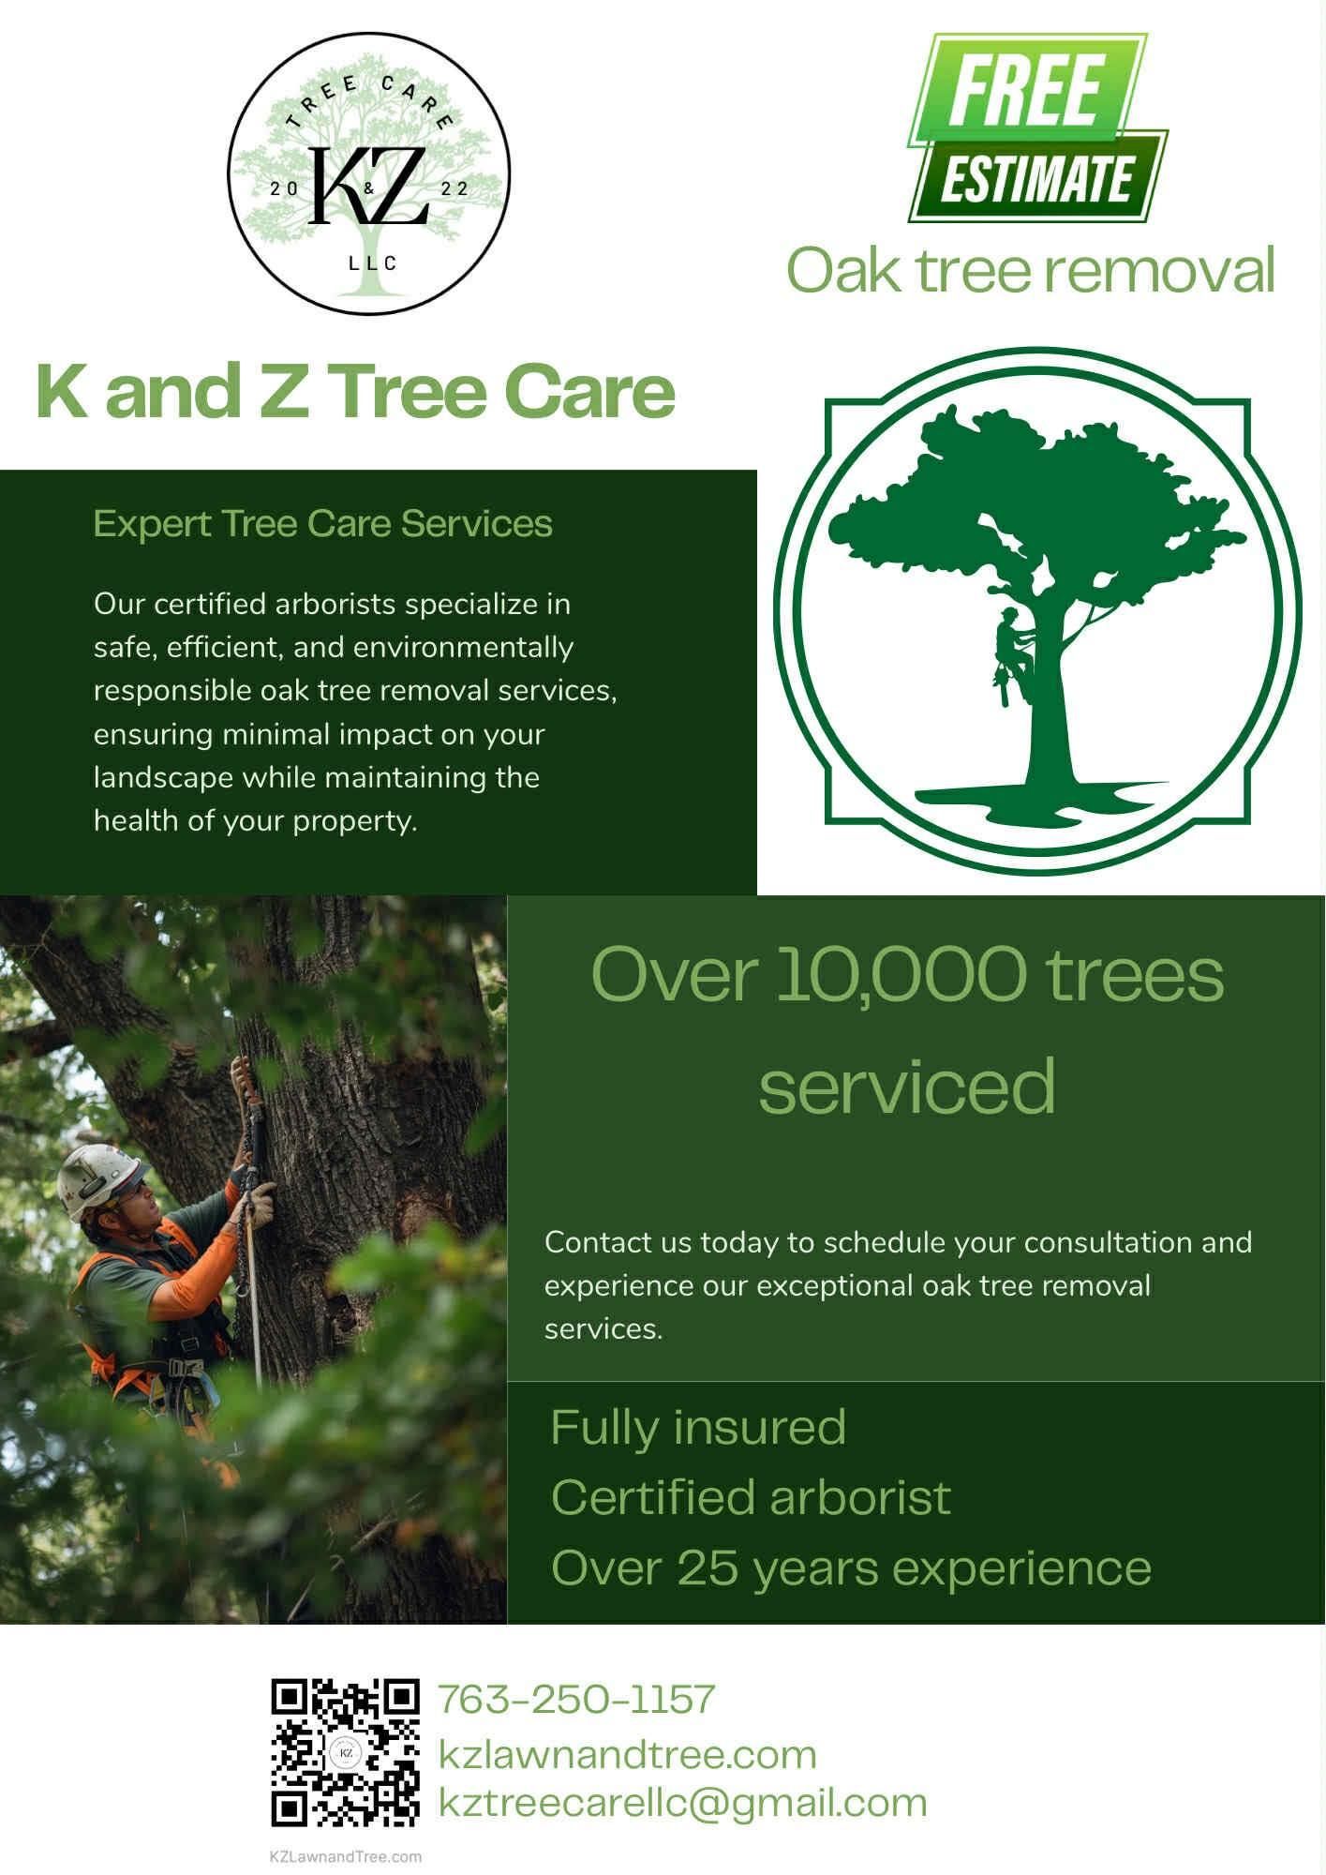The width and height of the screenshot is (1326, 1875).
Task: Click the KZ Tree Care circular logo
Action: (x=369, y=173)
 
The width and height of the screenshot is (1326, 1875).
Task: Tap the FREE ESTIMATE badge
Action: (x=1035, y=129)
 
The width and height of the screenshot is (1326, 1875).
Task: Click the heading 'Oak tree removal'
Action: (x=1030, y=270)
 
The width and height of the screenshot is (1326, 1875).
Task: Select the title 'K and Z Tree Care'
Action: (x=355, y=391)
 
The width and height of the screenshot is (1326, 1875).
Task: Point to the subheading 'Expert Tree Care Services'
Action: (x=322, y=523)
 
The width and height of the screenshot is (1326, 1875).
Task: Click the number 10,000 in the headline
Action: (x=901, y=974)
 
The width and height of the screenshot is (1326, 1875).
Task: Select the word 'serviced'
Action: (x=906, y=1085)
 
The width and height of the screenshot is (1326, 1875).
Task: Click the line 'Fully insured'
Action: (x=698, y=1427)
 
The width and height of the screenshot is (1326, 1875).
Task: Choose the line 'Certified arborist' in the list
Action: (x=751, y=1497)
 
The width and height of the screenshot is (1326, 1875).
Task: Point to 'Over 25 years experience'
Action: (x=850, y=1567)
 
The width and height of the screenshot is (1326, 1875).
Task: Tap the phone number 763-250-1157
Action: (x=576, y=1699)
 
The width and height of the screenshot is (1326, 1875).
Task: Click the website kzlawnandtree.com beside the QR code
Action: (x=627, y=1755)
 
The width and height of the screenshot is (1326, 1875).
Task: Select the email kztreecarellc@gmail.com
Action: (x=682, y=1803)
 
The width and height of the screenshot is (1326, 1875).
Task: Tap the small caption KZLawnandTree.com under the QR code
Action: (x=345, y=1856)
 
